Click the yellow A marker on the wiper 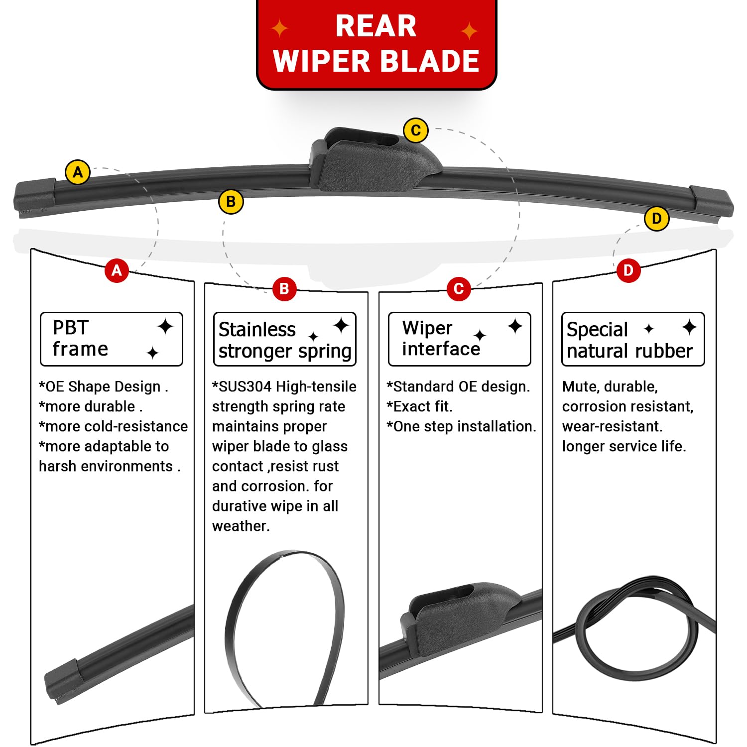coord(78,172)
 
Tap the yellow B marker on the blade coord(231,202)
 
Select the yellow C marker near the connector coord(416,130)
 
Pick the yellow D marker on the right coord(656,218)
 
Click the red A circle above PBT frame coord(117,270)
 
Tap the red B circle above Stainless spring coord(284,288)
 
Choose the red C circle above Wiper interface coord(459,288)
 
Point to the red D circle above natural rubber coord(628,270)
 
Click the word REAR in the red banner coord(376,26)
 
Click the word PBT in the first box coord(71,328)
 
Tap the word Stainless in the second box coord(257,330)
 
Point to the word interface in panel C coord(441,349)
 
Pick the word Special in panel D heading coord(597,330)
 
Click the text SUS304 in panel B coord(245,387)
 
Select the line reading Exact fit coord(420,407)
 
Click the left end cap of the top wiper coord(34,197)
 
